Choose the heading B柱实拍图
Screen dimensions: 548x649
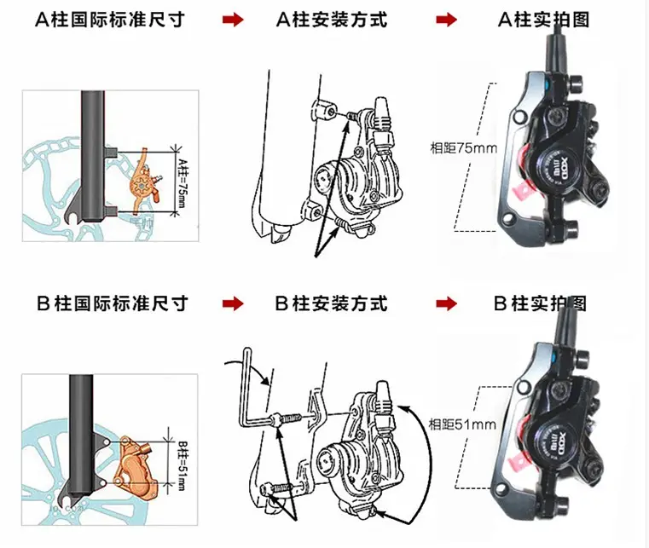click(x=540, y=303)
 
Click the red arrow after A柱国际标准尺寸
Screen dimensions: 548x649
click(x=232, y=20)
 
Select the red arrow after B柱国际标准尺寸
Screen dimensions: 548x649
click(x=232, y=303)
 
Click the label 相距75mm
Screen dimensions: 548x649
click(x=463, y=147)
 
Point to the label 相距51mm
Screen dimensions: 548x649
click(x=463, y=424)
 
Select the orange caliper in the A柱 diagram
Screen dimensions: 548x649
click(x=141, y=184)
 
